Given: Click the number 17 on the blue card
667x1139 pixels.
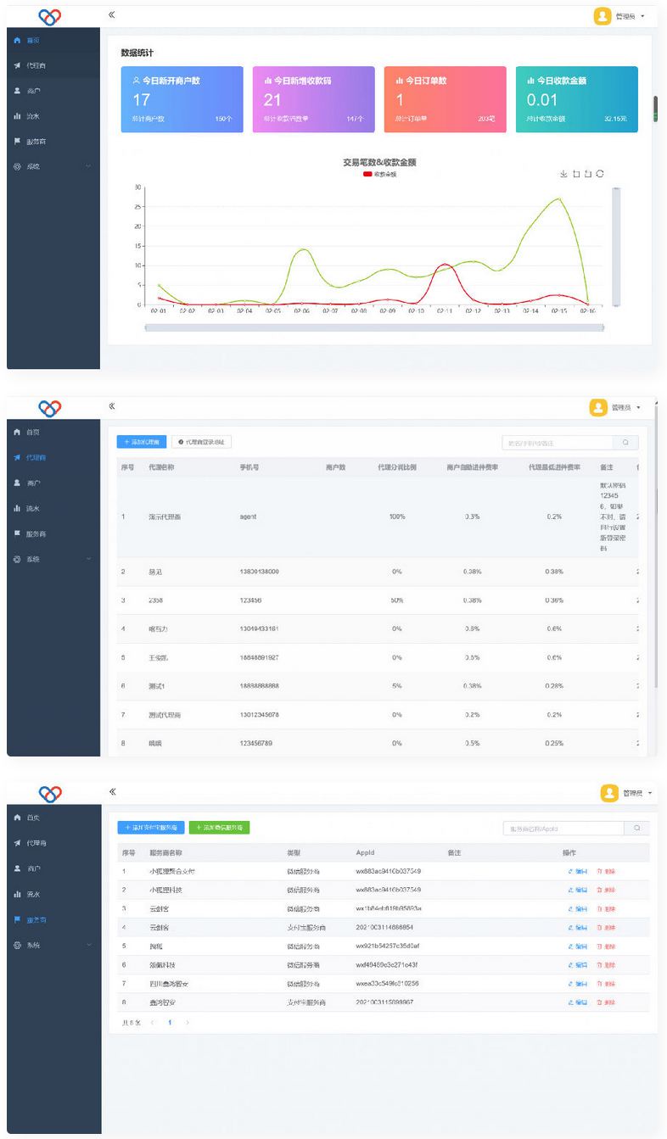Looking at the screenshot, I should (x=141, y=100).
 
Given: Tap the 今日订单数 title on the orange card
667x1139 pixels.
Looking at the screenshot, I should (x=425, y=81).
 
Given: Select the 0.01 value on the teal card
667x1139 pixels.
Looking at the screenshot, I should (x=542, y=100).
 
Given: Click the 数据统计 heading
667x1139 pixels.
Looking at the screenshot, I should (x=137, y=53).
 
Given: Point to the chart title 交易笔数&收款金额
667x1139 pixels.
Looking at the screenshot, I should (x=379, y=162).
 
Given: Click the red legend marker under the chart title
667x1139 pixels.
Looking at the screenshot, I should (x=367, y=174).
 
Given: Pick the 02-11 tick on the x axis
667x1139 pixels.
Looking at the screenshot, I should (x=445, y=311).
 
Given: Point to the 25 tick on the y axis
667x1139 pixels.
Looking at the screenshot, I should (x=138, y=206).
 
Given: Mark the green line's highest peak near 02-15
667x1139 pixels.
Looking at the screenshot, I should (x=558, y=198).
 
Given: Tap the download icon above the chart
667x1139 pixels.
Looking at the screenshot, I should (x=563, y=174).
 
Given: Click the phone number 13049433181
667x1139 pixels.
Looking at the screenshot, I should (x=260, y=628).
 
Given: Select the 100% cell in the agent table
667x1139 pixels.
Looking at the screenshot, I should (x=397, y=516).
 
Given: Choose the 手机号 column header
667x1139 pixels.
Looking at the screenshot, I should (x=249, y=466).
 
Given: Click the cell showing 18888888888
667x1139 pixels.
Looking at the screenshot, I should (x=260, y=686).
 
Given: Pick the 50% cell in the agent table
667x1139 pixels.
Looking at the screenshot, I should (x=397, y=600).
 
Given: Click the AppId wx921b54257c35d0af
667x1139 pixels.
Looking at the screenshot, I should (x=388, y=946).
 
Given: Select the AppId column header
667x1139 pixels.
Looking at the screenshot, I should (x=365, y=851).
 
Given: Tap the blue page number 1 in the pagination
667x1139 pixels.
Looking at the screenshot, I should (x=170, y=1023).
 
